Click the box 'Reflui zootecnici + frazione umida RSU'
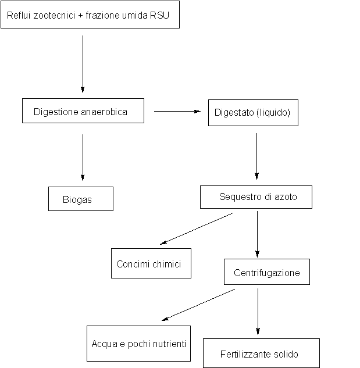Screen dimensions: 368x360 (x=90, y=15)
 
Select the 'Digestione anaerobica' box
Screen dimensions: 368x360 (x=83, y=110)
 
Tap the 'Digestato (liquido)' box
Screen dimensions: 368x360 (x=252, y=113)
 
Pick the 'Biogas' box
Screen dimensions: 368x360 (x=80, y=199)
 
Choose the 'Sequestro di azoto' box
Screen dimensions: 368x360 (x=256, y=197)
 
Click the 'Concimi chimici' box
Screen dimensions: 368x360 (x=151, y=263)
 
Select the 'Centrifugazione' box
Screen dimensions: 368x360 (x=266, y=272)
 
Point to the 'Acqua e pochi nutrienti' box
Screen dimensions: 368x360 (x=138, y=344)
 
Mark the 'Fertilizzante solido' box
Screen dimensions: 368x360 (x=261, y=353)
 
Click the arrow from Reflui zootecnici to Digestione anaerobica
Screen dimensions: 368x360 (x=83, y=64)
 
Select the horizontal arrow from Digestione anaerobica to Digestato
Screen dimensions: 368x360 (x=177, y=111)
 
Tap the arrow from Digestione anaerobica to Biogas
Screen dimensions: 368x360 (x=83, y=157)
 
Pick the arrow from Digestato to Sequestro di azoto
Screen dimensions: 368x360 (x=257, y=156)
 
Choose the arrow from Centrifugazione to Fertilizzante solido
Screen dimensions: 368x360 (x=257, y=312)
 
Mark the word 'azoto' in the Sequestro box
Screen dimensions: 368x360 (x=285, y=197)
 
